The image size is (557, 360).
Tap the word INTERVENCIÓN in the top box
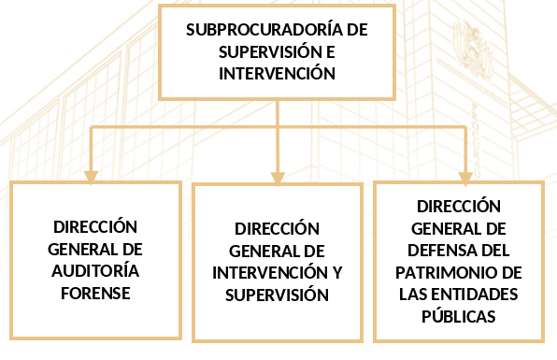click(277, 73)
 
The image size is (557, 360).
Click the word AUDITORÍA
click(95, 271)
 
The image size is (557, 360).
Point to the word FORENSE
click(95, 294)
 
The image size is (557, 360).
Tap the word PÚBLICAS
click(459, 315)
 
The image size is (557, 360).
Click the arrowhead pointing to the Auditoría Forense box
click(91, 177)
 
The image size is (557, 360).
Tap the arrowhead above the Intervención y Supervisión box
click(278, 178)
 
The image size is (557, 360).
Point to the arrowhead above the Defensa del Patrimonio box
click(465, 178)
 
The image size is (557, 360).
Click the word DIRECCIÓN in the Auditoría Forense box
click(95, 226)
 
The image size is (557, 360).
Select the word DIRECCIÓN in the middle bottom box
click(277, 228)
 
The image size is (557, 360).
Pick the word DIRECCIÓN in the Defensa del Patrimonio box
click(459, 206)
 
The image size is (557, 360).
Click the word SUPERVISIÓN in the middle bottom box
click(277, 295)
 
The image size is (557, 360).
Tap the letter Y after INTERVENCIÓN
click(336, 273)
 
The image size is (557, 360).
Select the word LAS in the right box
click(411, 295)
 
